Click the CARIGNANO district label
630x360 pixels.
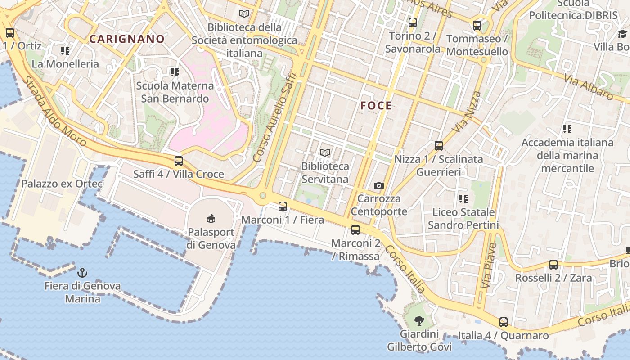pyautogui.click(x=127, y=39)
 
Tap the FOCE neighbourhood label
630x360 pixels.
pyautogui.click(x=376, y=106)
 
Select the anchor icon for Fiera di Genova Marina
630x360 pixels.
pyautogui.click(x=82, y=272)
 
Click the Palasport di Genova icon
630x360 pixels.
pyautogui.click(x=211, y=218)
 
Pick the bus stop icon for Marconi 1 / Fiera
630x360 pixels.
pyautogui.click(x=283, y=207)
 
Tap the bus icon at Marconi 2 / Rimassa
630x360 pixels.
pyautogui.click(x=355, y=230)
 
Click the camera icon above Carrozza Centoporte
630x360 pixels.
pyautogui.click(x=379, y=185)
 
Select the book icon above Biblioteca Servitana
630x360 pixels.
pyautogui.click(x=325, y=153)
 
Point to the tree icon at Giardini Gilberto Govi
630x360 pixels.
pyautogui.click(x=419, y=321)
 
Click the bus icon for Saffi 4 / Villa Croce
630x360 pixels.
pyautogui.click(x=179, y=161)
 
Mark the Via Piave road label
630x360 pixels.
pyautogui.click(x=489, y=265)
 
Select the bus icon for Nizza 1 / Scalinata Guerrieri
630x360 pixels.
pyautogui.click(x=439, y=146)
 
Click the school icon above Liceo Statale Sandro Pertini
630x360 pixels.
pyautogui.click(x=463, y=198)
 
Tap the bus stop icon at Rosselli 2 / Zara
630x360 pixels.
pyautogui.click(x=553, y=265)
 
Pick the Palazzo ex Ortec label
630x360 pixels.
pyautogui.click(x=62, y=184)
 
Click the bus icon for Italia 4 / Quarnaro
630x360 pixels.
pyautogui.click(x=504, y=322)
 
